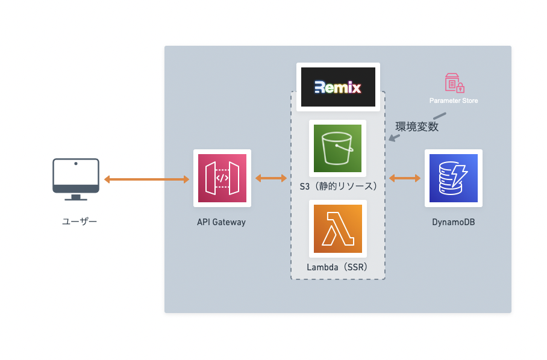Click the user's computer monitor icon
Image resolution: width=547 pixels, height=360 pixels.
(75, 176)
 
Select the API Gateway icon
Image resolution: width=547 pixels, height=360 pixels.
(222, 178)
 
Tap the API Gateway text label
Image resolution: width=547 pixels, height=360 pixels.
(221, 222)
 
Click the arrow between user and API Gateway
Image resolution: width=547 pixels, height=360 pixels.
(146, 179)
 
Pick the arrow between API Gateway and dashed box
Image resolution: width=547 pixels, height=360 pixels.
(271, 178)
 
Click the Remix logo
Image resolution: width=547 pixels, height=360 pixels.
(338, 88)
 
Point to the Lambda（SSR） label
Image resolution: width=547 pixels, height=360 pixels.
(337, 267)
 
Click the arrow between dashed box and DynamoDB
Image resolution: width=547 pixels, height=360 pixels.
(405, 178)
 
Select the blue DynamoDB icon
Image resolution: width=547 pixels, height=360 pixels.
(453, 178)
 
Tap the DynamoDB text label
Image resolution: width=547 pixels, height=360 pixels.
(453, 222)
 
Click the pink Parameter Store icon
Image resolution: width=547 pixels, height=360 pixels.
(454, 83)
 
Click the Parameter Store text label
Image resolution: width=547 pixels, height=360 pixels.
(454, 101)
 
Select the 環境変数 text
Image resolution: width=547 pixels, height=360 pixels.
(416, 126)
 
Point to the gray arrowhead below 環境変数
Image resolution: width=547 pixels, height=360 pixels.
(392, 139)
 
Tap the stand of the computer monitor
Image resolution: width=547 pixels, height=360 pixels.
(75, 197)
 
